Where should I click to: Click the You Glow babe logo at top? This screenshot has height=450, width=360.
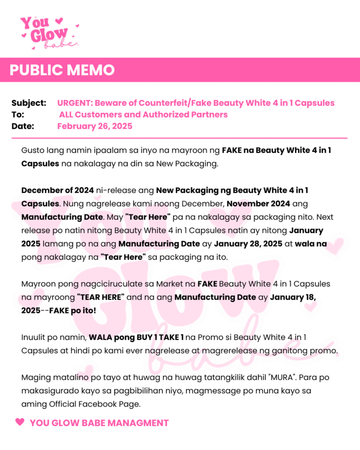tap(48, 32)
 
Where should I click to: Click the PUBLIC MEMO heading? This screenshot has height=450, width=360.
tap(62, 70)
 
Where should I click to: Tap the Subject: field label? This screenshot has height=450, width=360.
tap(29, 103)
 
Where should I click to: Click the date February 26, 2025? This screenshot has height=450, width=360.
tap(95, 126)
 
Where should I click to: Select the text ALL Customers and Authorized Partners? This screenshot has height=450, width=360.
tap(143, 114)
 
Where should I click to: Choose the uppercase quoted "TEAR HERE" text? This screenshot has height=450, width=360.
tap(100, 297)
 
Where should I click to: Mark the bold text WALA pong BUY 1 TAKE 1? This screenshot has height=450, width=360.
tap(136, 337)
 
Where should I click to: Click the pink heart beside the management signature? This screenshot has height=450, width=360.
tap(20, 422)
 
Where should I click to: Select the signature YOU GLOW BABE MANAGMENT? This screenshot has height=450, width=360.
tap(99, 423)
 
